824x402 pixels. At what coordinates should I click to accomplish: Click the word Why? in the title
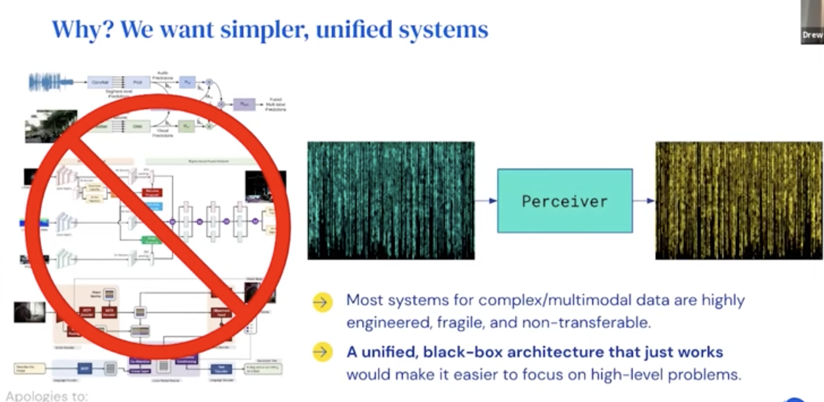click(83, 29)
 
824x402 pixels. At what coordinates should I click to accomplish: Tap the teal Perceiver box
click(564, 201)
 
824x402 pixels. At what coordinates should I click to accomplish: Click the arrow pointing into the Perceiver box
click(486, 201)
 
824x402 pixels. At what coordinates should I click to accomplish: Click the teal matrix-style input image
click(391, 201)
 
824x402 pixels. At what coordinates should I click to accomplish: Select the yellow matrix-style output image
click(739, 201)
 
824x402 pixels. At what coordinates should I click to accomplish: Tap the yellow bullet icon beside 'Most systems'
click(323, 302)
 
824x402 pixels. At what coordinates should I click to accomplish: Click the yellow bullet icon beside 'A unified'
click(323, 352)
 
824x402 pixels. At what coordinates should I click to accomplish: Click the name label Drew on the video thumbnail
click(812, 35)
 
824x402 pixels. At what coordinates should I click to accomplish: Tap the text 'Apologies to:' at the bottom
click(47, 396)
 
